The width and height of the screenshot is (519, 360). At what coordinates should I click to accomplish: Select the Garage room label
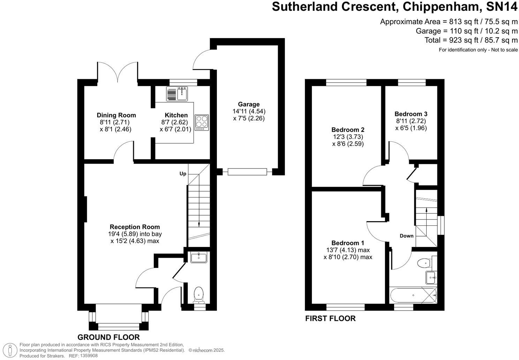coord(249,104)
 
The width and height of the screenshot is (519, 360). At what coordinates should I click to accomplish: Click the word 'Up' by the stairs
coord(183,174)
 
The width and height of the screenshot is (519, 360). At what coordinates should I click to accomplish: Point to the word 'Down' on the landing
coord(406,236)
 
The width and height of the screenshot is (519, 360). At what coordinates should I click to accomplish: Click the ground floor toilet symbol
coord(198,294)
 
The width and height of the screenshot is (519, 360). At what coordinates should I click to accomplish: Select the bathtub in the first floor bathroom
coord(413,295)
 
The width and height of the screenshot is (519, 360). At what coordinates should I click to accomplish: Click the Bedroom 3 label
coord(411,114)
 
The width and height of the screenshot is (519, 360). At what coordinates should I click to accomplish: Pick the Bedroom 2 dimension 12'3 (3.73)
coord(348,137)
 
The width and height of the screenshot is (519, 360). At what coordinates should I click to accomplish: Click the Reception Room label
coord(135,227)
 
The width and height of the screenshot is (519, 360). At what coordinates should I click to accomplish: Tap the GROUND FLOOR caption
coord(108,337)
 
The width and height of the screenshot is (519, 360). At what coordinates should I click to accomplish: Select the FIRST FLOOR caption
coord(330,318)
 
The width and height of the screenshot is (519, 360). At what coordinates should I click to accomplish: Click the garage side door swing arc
coord(201,59)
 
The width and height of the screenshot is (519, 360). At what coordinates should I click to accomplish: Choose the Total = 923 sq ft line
coord(471,40)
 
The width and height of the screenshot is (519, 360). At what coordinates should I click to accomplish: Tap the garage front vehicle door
coord(247,172)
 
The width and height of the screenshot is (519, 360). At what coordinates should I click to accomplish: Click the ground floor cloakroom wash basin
coord(199,257)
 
